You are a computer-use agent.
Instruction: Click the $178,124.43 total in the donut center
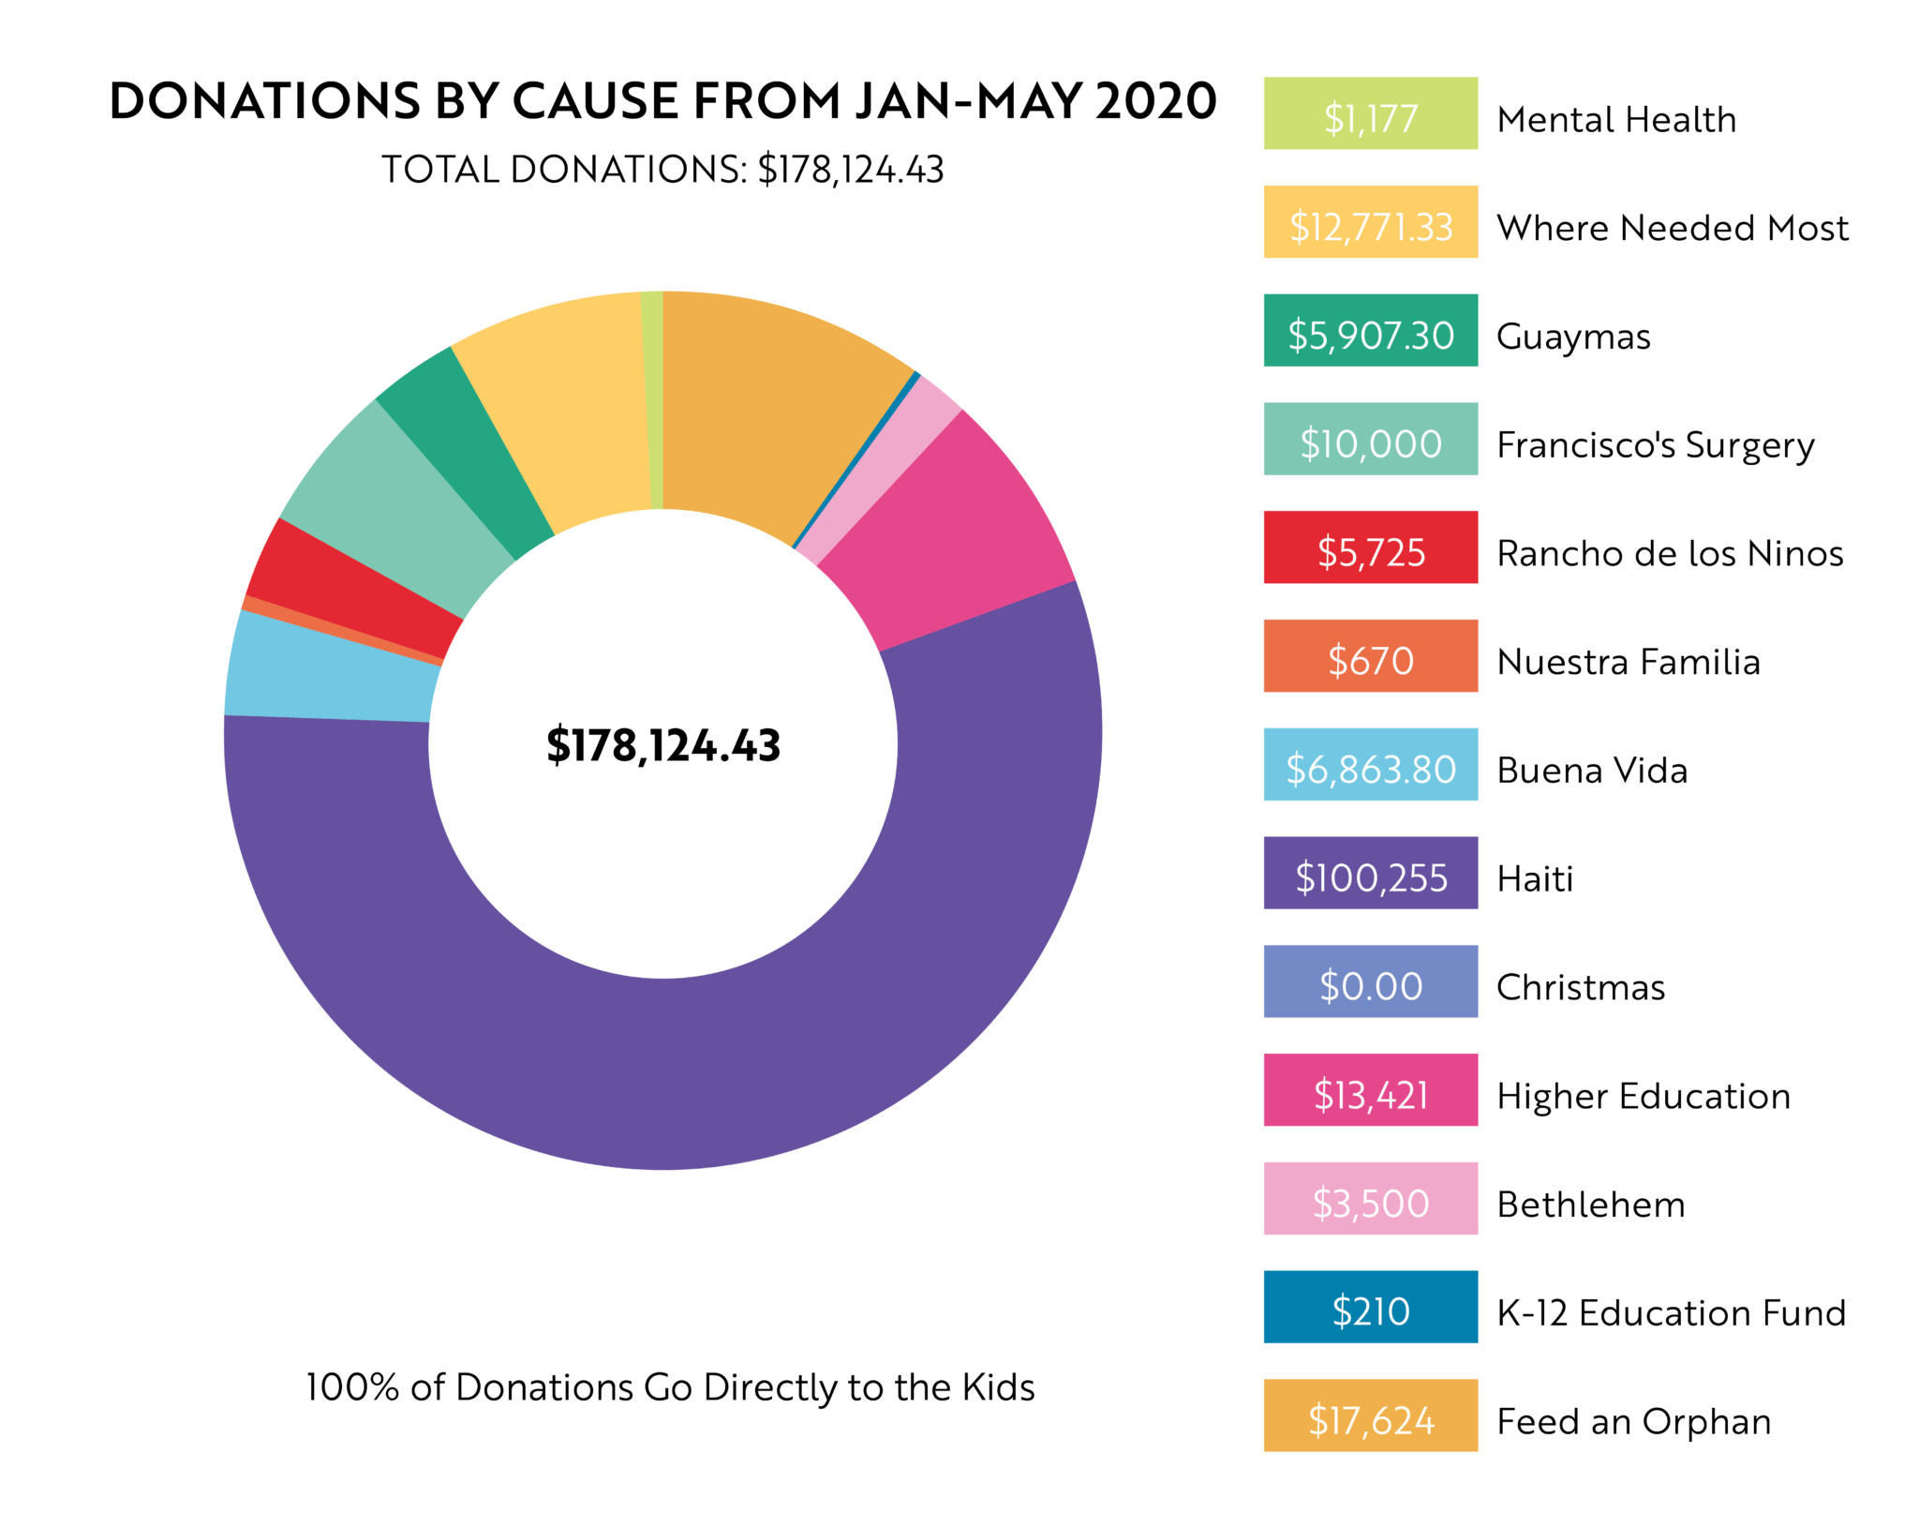pos(663,745)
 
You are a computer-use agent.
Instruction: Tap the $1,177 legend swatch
pos(1370,113)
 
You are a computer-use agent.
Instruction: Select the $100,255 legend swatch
pos(1370,873)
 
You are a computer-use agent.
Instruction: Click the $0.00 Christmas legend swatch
pos(1370,981)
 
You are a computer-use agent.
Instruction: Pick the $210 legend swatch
pos(1370,1307)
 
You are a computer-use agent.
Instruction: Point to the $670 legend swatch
pos(1370,656)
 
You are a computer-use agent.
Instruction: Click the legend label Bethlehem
pos(1591,1205)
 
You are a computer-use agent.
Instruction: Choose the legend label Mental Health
pos(1616,120)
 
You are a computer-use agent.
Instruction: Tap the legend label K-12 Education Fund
pos(1672,1313)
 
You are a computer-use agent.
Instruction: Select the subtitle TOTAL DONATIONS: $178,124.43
pos(662,170)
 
